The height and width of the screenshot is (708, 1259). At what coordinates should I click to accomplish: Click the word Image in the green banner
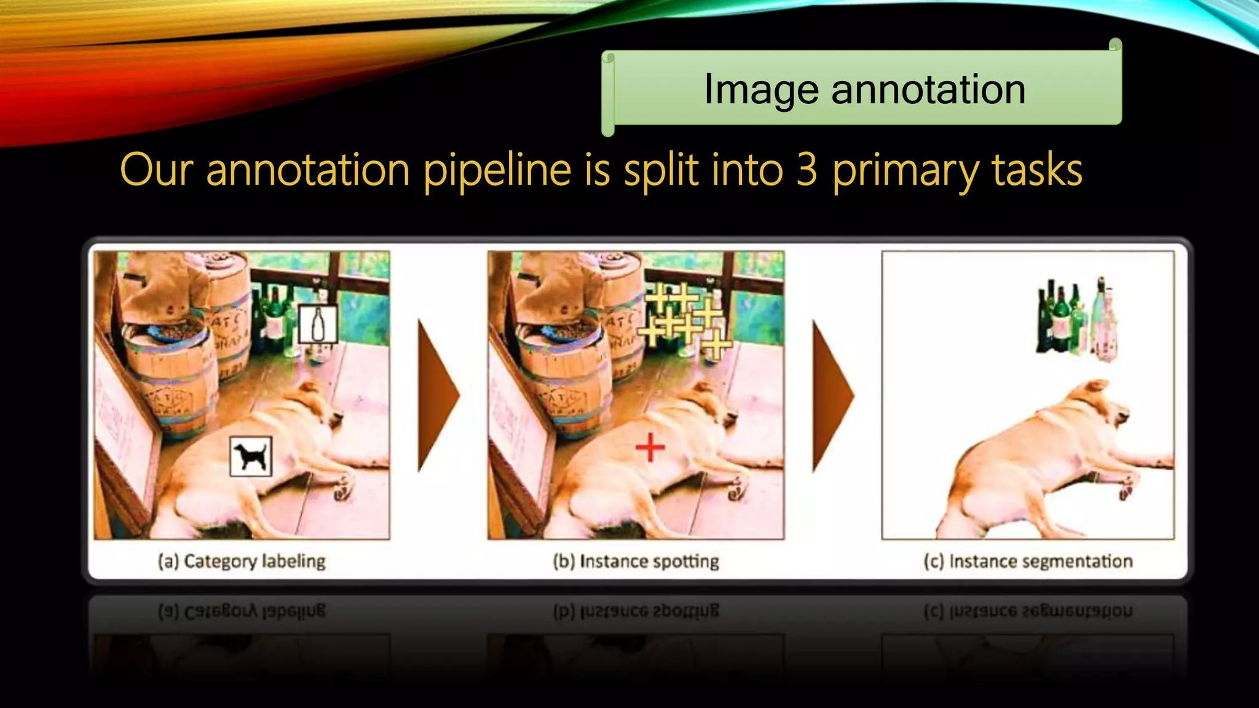760,90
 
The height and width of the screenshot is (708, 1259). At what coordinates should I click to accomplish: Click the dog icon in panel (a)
251,457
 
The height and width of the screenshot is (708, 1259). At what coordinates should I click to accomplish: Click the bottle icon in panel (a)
318,324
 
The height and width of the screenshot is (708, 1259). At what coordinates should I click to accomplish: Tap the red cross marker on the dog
650,447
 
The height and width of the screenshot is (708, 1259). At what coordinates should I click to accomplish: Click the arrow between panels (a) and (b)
437,395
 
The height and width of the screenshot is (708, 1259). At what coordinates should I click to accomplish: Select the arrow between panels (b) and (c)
832,395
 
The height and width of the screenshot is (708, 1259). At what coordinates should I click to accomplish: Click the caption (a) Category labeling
242,561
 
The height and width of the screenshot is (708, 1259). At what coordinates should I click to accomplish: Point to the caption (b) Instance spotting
636,561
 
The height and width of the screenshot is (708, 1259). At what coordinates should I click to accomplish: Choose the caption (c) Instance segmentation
1028,561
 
